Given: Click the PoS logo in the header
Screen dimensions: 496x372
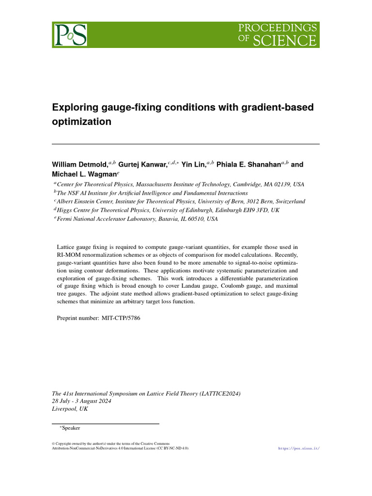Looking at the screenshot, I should tap(70, 35).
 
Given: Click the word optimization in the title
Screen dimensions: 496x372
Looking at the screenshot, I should tap(81, 122).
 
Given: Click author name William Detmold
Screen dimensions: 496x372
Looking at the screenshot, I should tap(80, 165).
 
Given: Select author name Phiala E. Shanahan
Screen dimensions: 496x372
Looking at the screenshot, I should tap(248, 165).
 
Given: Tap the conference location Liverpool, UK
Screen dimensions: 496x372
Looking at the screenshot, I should tap(70, 409).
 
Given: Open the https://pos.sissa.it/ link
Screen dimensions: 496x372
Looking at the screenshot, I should tap(299, 449).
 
